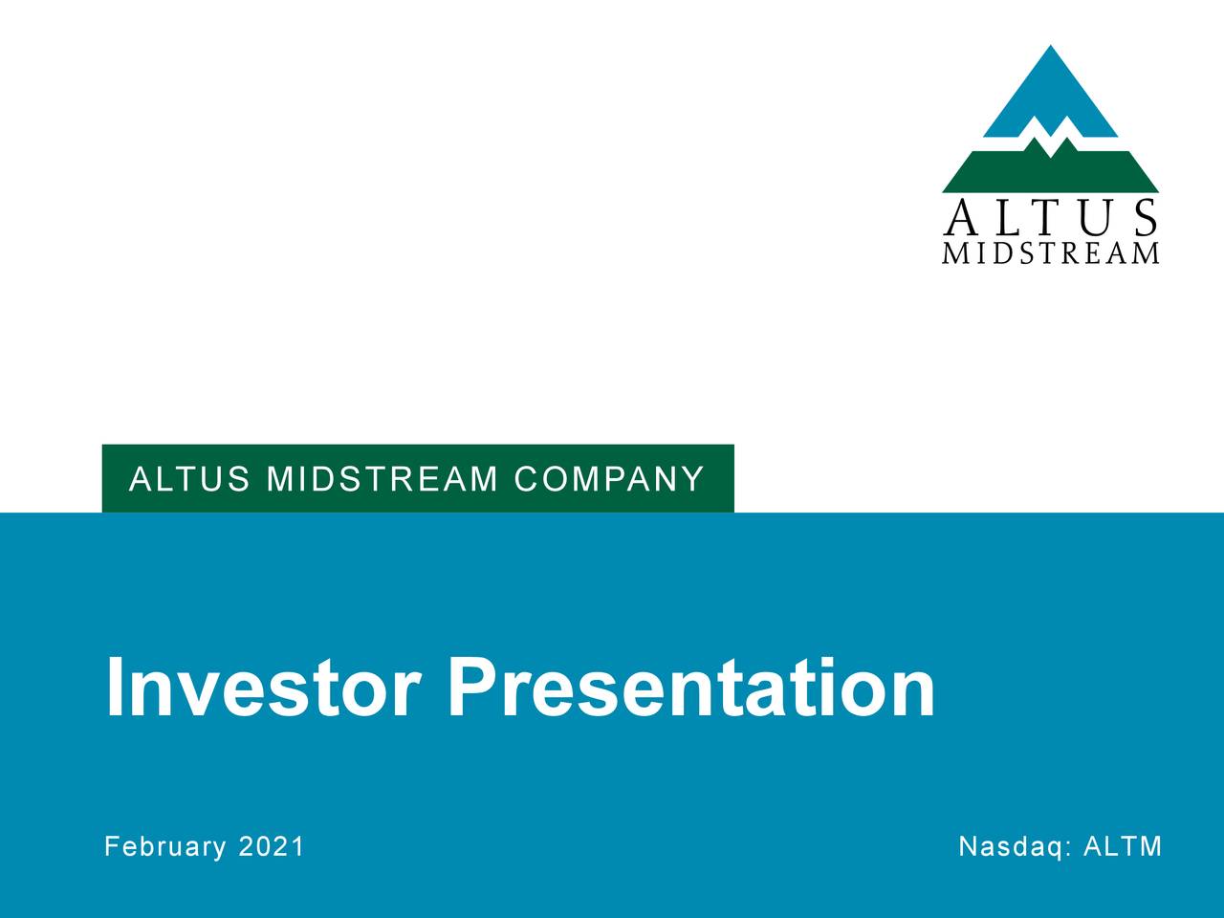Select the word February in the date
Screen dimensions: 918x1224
[x=165, y=846]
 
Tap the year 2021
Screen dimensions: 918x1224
[x=271, y=846]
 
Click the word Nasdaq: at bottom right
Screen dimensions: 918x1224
[x=1016, y=846]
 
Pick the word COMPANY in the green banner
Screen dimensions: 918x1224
[x=608, y=478]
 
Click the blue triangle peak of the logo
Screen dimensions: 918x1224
[x=1050, y=91]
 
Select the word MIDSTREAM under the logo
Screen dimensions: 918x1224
[x=1050, y=253]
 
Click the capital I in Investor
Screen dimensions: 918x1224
[x=114, y=688]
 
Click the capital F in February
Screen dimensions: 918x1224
[x=111, y=846]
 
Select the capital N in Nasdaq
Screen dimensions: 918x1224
[x=967, y=846]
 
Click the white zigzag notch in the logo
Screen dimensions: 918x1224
[x=1050, y=140]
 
